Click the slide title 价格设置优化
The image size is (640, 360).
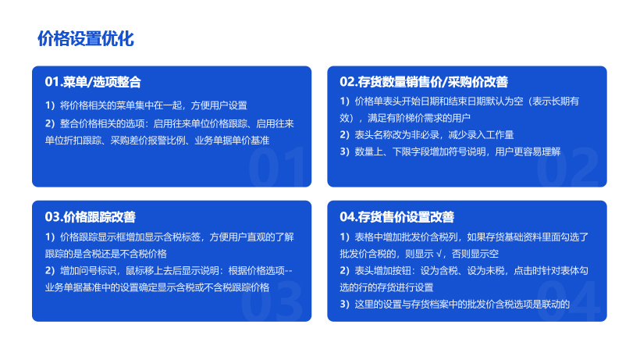click(86, 39)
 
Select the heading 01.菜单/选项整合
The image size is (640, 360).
click(93, 82)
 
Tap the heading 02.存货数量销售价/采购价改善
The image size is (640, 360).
click(424, 82)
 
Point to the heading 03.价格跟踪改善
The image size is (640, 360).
click(91, 217)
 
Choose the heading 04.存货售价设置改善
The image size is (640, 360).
click(396, 217)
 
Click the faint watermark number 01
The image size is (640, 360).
click(277, 166)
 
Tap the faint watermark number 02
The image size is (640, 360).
click(567, 166)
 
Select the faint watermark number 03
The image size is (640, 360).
click(272, 301)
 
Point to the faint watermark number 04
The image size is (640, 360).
click(568, 301)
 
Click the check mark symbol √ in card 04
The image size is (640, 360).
click(439, 254)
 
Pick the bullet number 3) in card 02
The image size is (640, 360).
click(344, 151)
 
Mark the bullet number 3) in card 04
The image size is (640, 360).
click(344, 304)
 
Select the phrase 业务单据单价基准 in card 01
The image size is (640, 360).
click(232, 141)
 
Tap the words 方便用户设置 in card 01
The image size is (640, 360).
click(219, 105)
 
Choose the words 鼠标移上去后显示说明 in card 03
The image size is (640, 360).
click(172, 271)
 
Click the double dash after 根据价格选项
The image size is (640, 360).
click(289, 271)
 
